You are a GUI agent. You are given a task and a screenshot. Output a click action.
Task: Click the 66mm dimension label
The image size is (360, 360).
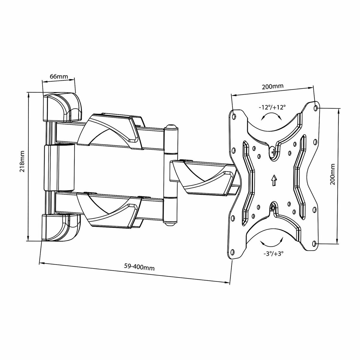coord(59,76)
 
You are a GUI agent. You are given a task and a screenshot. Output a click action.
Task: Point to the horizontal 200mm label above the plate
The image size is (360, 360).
coord(272,87)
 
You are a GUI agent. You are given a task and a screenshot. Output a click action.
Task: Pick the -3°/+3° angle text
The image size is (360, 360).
coord(272,253)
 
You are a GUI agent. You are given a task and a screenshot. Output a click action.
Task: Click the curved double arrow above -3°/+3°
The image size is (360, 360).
coord(272,241)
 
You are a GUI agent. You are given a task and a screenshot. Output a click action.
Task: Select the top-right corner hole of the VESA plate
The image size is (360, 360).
coord(315,106)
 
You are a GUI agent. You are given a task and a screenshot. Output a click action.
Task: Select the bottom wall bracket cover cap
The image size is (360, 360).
coord(61,227)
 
